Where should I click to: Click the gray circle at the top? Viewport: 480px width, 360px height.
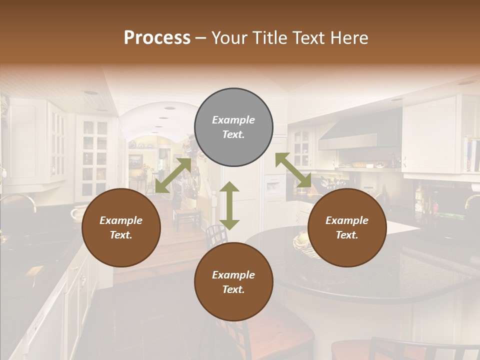[x=233, y=127]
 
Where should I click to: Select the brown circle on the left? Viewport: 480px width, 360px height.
[x=121, y=227]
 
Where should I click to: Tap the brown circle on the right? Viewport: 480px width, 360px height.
[x=347, y=227]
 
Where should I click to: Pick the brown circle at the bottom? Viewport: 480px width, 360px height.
[x=233, y=282]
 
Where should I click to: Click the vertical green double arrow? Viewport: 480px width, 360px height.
[x=229, y=206]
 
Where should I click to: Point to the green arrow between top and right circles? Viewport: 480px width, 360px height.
[x=293, y=170]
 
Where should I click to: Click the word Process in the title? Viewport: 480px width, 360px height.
[x=157, y=37]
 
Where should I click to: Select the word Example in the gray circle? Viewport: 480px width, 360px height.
[x=233, y=120]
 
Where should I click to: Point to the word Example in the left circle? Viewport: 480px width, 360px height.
[x=121, y=220]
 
